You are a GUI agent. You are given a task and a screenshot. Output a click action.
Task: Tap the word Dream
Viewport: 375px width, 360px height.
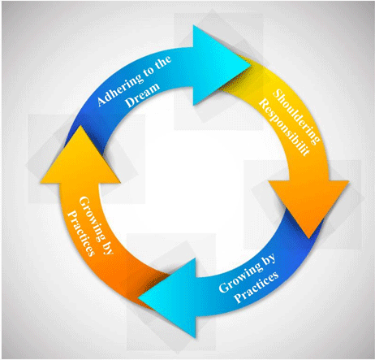point(143,95)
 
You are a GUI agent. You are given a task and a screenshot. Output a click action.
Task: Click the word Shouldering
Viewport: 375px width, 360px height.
point(296,116)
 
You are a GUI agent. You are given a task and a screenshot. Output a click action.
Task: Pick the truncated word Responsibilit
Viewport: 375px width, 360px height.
point(283,128)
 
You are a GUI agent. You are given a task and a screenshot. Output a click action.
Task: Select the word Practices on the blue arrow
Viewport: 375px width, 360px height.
point(256,287)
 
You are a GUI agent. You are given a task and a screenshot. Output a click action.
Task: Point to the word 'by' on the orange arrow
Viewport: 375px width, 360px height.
point(106,247)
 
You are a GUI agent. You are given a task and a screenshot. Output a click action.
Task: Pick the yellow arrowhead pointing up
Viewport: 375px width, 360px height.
point(80,160)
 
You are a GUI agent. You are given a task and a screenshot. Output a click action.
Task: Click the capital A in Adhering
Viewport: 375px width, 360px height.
point(101,102)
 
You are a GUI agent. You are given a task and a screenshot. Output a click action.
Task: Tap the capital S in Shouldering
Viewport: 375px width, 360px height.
point(278,93)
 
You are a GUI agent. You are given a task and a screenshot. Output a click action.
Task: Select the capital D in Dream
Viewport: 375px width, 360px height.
point(131,102)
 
